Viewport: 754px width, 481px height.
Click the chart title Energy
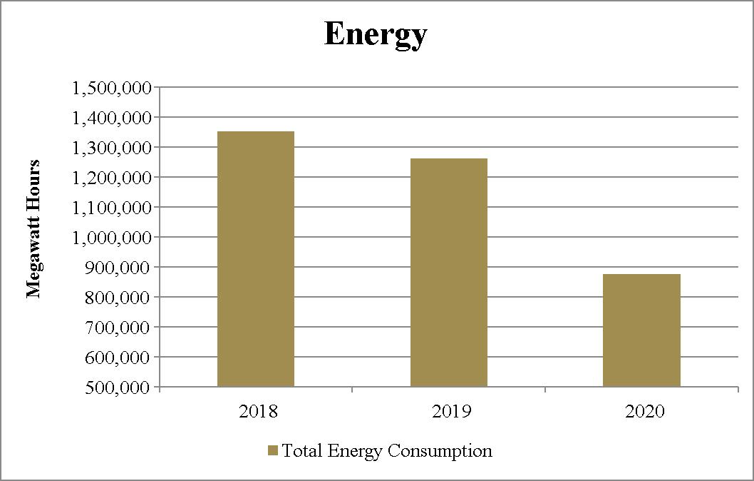point(376,35)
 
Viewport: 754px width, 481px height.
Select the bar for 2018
point(256,259)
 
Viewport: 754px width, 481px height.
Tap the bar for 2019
point(449,273)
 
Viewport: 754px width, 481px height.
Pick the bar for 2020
point(641,330)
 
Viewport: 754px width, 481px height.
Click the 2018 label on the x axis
point(259,411)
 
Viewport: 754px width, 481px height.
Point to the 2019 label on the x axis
point(452,411)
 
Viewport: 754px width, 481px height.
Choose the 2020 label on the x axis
point(644,411)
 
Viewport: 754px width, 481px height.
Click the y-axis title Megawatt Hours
point(33,229)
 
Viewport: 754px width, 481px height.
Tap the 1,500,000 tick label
point(112,88)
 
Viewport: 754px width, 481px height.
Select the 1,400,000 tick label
point(112,118)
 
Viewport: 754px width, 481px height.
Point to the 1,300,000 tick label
point(112,148)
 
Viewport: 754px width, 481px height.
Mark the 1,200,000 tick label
point(112,178)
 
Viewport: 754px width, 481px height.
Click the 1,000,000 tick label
point(112,238)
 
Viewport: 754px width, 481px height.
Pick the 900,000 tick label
point(118,268)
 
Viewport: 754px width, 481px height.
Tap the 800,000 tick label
point(118,298)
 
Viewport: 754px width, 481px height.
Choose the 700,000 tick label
point(118,328)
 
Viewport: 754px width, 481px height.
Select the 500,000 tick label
point(118,388)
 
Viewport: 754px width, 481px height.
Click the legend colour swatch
point(273,450)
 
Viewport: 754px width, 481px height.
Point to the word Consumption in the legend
point(440,451)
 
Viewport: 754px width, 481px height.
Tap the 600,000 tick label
point(118,358)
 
